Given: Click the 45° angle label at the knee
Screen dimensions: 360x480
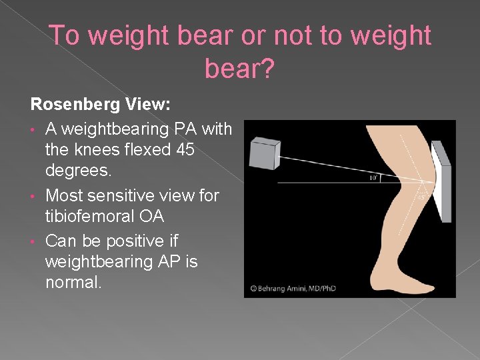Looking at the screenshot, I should (x=421, y=198).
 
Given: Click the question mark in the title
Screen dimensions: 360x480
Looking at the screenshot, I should (x=265, y=69).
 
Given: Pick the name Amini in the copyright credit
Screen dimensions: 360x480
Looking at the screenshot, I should (x=313, y=288).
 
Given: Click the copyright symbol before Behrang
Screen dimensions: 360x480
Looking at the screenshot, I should (x=253, y=288).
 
